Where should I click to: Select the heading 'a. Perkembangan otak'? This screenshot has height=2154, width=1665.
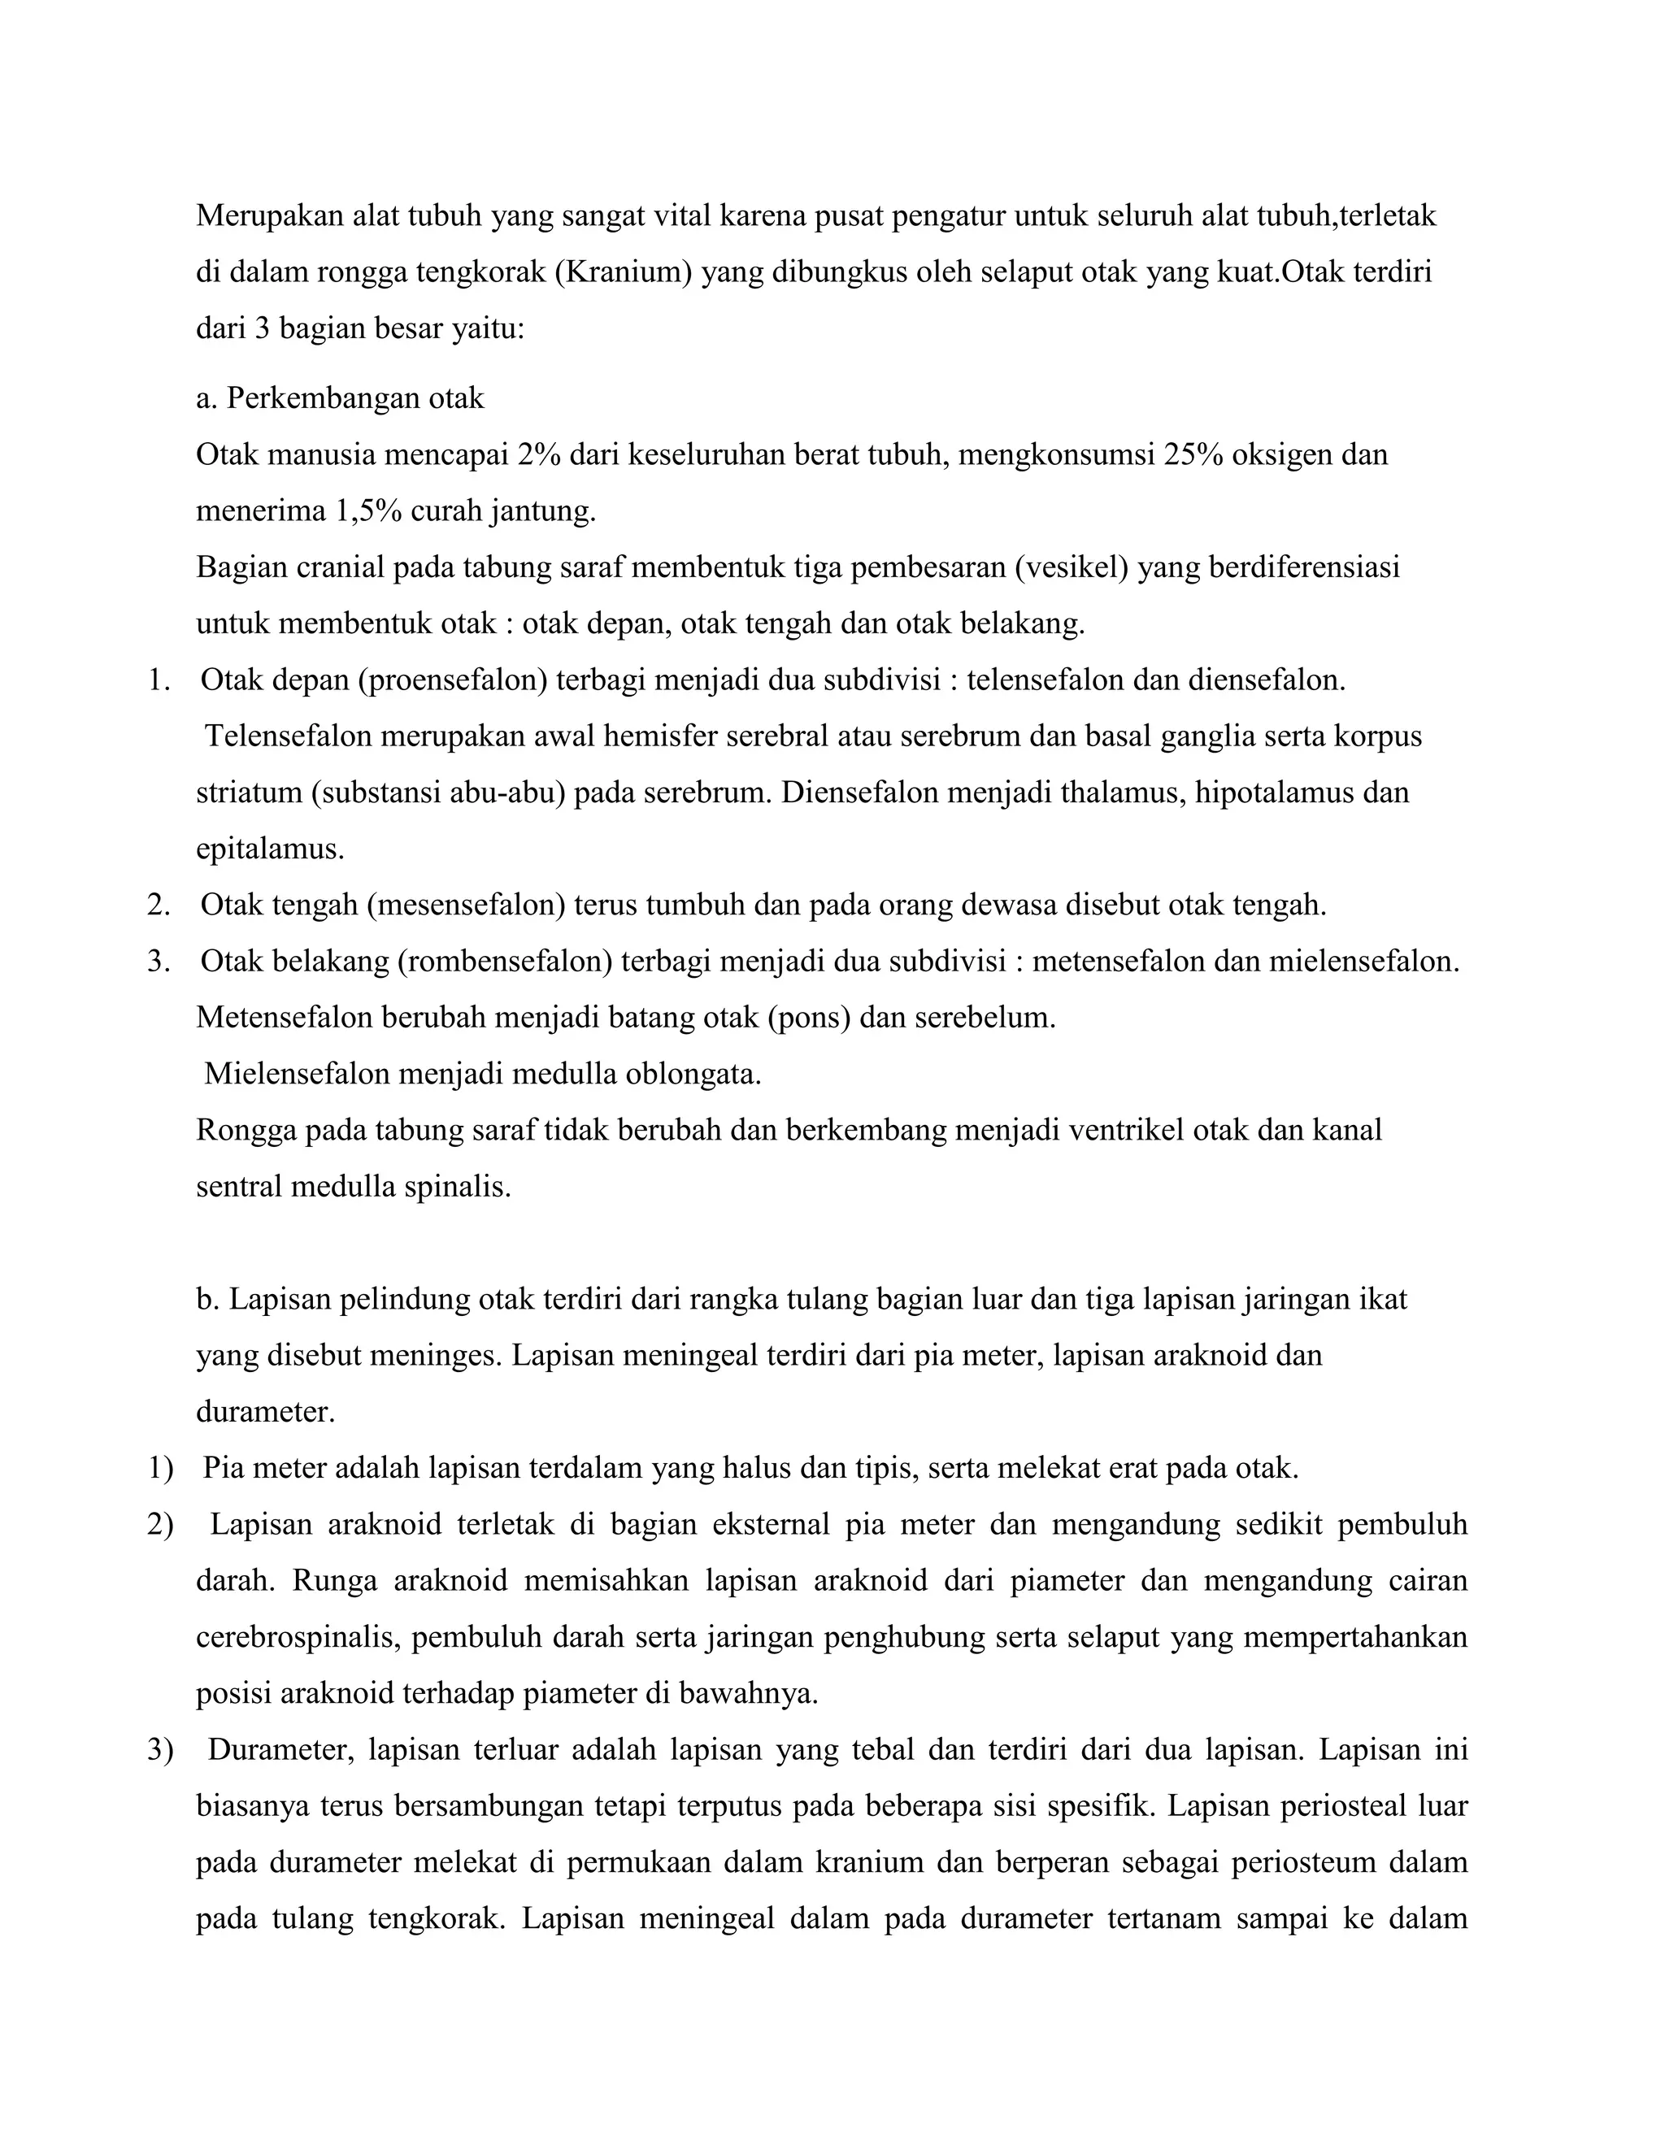(x=341, y=398)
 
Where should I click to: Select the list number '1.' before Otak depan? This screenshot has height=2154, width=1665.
(x=159, y=680)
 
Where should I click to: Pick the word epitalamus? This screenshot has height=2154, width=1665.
(x=270, y=849)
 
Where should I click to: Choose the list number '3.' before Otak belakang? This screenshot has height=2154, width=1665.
(x=159, y=962)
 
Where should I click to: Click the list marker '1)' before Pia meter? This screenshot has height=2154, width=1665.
(x=160, y=1469)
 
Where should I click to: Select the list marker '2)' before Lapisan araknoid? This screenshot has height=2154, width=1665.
(x=160, y=1525)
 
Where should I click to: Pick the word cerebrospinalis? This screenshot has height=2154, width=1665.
(x=297, y=1637)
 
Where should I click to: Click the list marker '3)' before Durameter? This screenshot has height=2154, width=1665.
(x=160, y=1751)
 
